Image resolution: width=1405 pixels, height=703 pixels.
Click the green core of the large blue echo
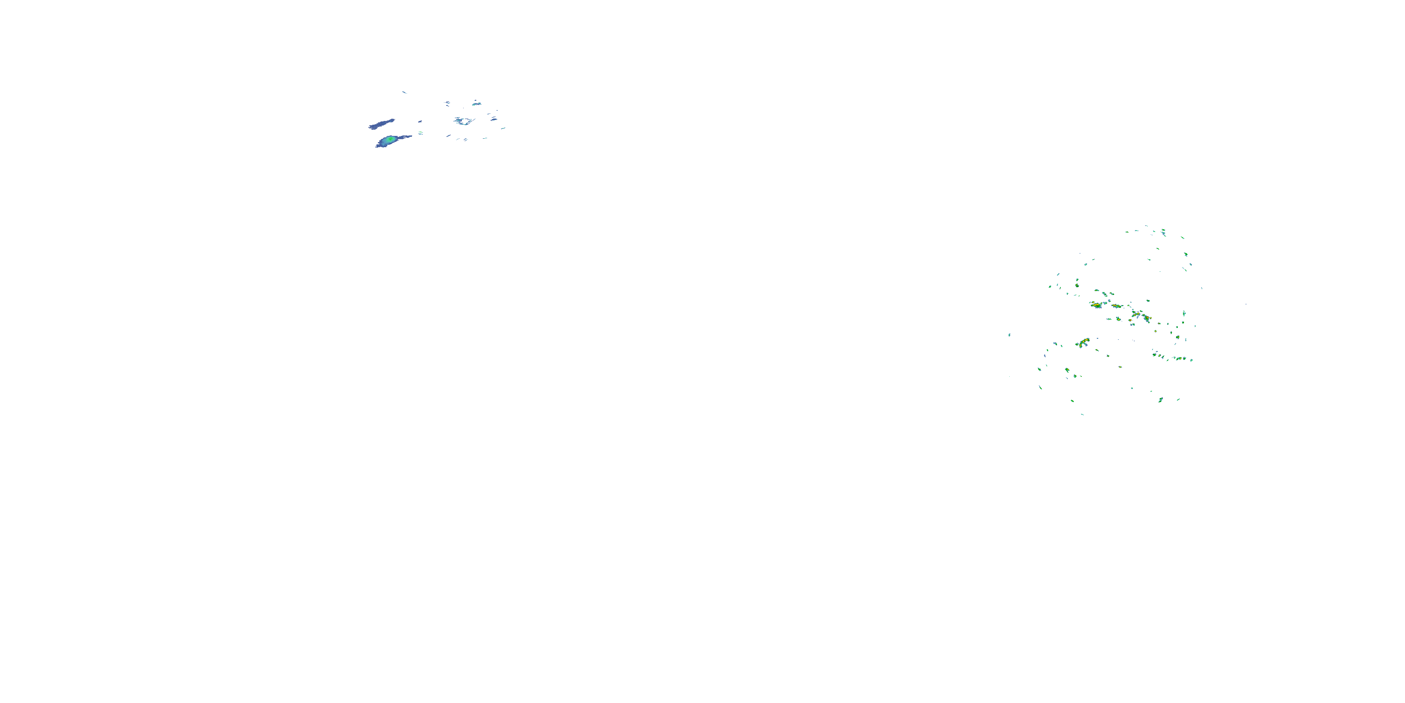(x=390, y=140)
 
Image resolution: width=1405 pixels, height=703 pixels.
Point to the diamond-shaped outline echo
(x=464, y=120)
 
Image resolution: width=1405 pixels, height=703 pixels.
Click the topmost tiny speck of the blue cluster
(x=404, y=92)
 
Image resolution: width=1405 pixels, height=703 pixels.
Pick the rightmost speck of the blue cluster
(x=503, y=129)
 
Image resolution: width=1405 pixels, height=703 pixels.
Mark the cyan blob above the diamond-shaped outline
(x=477, y=103)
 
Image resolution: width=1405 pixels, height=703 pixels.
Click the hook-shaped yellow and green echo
(x=1083, y=342)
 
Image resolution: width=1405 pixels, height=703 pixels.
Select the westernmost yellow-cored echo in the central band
(x=1096, y=305)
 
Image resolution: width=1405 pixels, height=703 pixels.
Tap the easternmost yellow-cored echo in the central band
(x=1146, y=318)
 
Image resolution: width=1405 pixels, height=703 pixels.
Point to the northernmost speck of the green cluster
(x=1146, y=226)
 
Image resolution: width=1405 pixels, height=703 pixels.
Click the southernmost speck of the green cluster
(x=1083, y=415)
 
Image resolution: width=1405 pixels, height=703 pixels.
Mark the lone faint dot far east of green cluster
(x=1246, y=304)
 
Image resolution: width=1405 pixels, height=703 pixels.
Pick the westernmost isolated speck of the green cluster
(x=1009, y=335)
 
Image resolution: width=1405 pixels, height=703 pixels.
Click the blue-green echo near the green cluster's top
(x=1163, y=233)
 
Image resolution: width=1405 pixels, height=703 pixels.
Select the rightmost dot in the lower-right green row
(x=1191, y=359)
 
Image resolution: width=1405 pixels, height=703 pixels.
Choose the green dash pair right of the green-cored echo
(x=421, y=133)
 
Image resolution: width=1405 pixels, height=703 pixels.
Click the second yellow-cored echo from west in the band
(x=1116, y=306)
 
